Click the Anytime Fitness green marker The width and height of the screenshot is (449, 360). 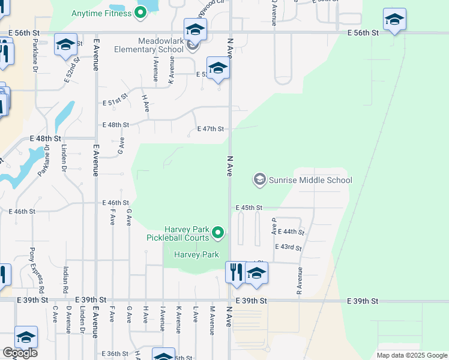tap(141, 12)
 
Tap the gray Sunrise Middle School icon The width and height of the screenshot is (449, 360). tap(259, 179)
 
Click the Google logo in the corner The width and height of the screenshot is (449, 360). tap(20, 353)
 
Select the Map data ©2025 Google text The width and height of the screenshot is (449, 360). tap(412, 355)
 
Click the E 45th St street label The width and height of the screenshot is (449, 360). tap(249, 208)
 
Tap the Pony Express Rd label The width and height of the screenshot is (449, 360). tap(37, 268)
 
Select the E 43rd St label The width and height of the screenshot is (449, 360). tap(288, 247)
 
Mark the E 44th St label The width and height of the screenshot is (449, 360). tap(292, 232)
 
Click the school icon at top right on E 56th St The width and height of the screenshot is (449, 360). tap(394, 20)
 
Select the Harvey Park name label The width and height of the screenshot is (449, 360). tap(196, 255)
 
